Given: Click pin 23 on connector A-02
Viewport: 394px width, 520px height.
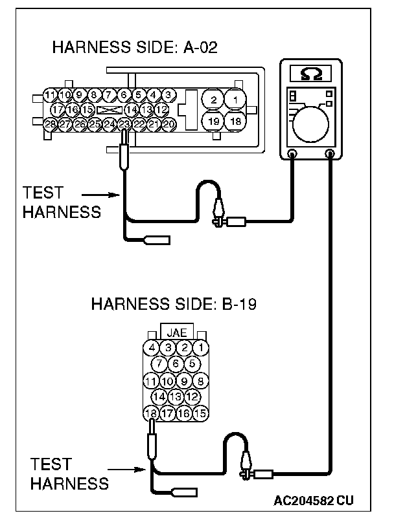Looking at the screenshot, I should pyautogui.click(x=124, y=123).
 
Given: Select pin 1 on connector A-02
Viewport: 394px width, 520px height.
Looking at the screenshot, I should pyautogui.click(x=237, y=100).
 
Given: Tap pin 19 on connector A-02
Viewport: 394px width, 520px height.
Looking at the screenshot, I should pyautogui.click(x=213, y=121).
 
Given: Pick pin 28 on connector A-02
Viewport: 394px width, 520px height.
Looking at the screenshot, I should pyautogui.click(x=51, y=123).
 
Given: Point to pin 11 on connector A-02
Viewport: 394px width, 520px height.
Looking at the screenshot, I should pyautogui.click(x=51, y=96).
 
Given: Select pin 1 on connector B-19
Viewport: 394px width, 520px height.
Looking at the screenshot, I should pyautogui.click(x=201, y=348).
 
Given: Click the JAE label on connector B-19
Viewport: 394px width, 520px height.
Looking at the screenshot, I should pyautogui.click(x=176, y=332).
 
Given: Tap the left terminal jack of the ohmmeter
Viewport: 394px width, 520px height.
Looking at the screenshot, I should pyautogui.click(x=292, y=154).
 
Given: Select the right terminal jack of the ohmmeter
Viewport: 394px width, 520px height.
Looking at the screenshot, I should pyautogui.click(x=330, y=154).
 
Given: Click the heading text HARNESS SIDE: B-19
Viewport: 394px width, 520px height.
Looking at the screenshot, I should pyautogui.click(x=174, y=304).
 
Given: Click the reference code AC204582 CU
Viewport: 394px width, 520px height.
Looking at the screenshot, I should pyautogui.click(x=314, y=501).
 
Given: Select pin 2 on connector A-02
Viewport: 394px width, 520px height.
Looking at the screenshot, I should pyautogui.click(x=213, y=100).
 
